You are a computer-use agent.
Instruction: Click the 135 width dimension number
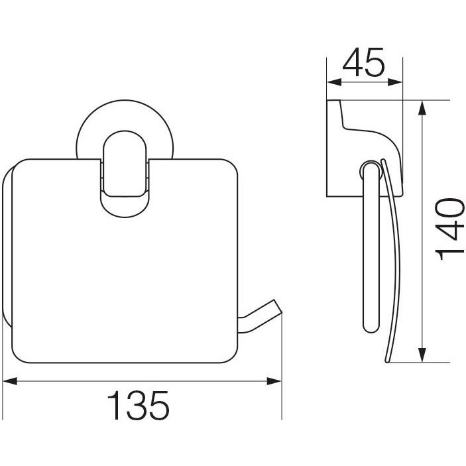tap(138, 405)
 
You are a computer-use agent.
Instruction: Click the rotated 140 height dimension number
tap(449, 229)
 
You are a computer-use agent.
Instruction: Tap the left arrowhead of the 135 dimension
tap(9, 381)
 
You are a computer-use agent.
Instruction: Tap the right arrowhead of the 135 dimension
tap(274, 381)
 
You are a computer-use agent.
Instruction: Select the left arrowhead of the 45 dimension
tap(334, 82)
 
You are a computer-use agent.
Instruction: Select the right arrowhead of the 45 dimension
tap(395, 82)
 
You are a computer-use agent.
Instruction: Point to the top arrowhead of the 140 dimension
tap(422, 107)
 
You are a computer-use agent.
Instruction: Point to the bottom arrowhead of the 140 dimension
tap(422, 355)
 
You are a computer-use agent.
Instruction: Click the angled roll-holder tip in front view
tap(278, 307)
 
